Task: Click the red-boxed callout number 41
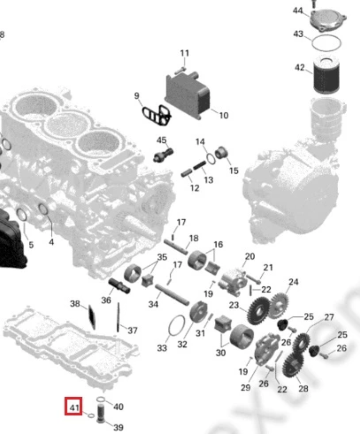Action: (73, 407)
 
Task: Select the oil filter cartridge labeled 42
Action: (326, 75)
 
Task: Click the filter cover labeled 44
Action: (327, 20)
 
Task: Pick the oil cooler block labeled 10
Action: (188, 95)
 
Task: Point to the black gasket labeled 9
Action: (157, 115)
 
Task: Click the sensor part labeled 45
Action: (164, 155)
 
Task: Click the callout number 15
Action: (234, 171)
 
